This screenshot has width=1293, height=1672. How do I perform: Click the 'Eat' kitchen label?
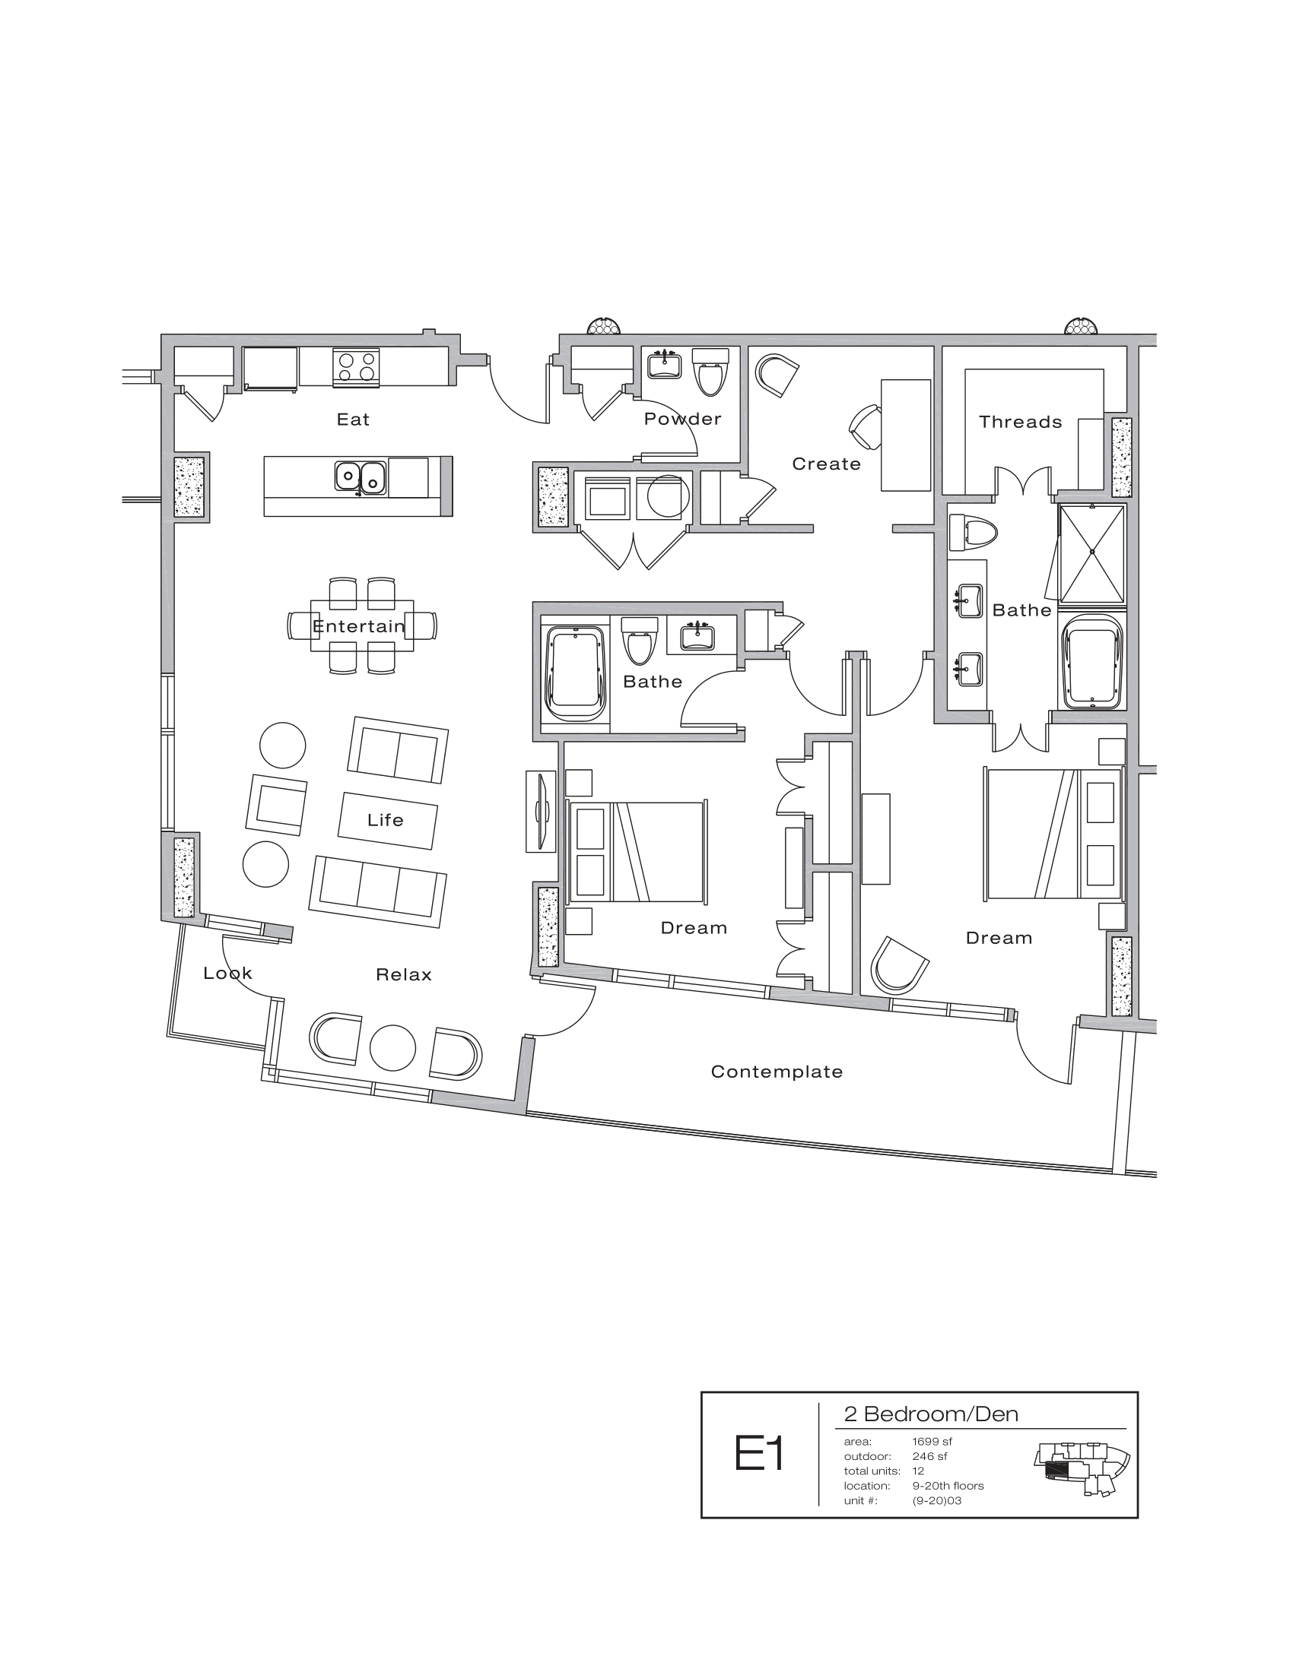pos(353,420)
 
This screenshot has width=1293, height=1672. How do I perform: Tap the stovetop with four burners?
pos(357,367)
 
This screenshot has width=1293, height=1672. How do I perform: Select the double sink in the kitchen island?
pos(360,477)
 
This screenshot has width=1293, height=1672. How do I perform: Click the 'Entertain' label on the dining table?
pos(358,626)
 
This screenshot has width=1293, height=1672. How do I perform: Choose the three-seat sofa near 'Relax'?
pos(378,892)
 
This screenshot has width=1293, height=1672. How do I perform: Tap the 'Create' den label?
pos(826,464)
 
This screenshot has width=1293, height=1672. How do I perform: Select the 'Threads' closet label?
pos(1020,422)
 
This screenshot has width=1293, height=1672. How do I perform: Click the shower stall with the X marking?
pos(1092,553)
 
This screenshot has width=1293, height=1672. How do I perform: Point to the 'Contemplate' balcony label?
pos(776,1072)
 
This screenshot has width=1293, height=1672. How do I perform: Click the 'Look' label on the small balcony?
pos(227,973)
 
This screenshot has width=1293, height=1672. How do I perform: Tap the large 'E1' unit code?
pos(759,1453)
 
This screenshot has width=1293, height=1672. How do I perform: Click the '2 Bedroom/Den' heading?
pos(931,1414)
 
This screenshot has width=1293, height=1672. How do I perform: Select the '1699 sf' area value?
pos(932,1442)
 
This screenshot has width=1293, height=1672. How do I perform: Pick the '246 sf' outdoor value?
pos(929,1456)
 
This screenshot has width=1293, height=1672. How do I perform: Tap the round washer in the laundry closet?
pos(663,497)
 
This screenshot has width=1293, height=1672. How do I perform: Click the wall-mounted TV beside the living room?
pos(542,811)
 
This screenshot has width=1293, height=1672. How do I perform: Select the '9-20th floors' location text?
pos(948,1485)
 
